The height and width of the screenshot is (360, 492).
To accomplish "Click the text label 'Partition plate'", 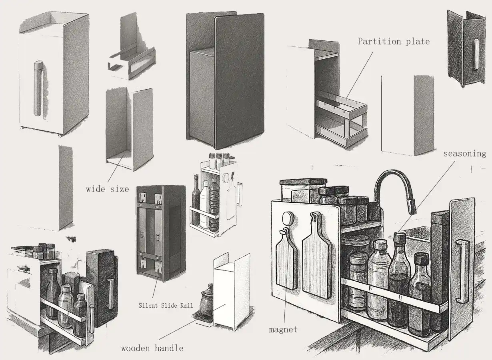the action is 394,42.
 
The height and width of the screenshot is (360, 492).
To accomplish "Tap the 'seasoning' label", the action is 465,154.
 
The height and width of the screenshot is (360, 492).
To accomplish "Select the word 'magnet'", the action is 283,330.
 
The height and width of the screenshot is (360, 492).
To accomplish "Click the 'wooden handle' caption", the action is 152,348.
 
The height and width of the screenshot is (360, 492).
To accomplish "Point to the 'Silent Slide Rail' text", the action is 166,305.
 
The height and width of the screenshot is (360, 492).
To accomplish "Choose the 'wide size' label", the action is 108,189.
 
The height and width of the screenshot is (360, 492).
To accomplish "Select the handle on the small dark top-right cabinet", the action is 476,54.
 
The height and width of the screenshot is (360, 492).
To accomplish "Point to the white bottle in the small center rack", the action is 204,204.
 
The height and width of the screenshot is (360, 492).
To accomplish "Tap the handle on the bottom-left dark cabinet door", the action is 110,294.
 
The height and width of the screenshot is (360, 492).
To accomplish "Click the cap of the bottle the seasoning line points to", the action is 400,238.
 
